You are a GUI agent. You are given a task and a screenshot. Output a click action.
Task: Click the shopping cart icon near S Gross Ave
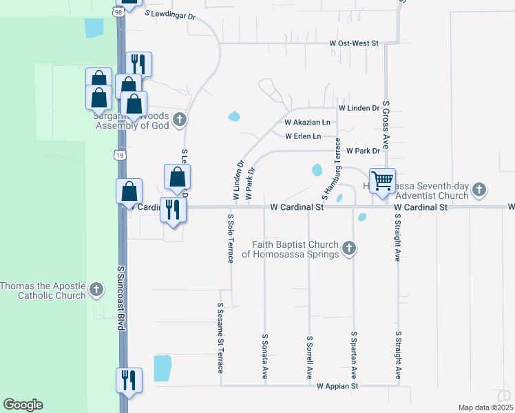(x=382, y=181)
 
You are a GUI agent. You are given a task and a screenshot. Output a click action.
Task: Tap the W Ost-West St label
(x=354, y=43)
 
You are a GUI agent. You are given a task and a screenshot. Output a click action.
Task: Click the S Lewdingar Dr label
(x=171, y=13)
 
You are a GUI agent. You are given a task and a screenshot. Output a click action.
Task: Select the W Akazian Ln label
(x=307, y=123)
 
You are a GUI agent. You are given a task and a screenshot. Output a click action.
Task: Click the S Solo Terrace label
(x=231, y=237)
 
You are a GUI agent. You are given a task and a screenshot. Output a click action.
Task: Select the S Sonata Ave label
(x=264, y=357)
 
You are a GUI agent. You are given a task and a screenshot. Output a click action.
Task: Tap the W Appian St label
(x=337, y=387)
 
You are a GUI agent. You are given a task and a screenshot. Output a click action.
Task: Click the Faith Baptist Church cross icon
(x=349, y=248)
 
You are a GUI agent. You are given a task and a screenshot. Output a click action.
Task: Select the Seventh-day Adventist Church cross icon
(x=480, y=189)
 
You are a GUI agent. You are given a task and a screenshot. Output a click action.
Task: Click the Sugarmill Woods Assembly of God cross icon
(x=179, y=120)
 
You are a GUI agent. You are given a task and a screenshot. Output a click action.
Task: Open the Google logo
(x=23, y=405)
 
